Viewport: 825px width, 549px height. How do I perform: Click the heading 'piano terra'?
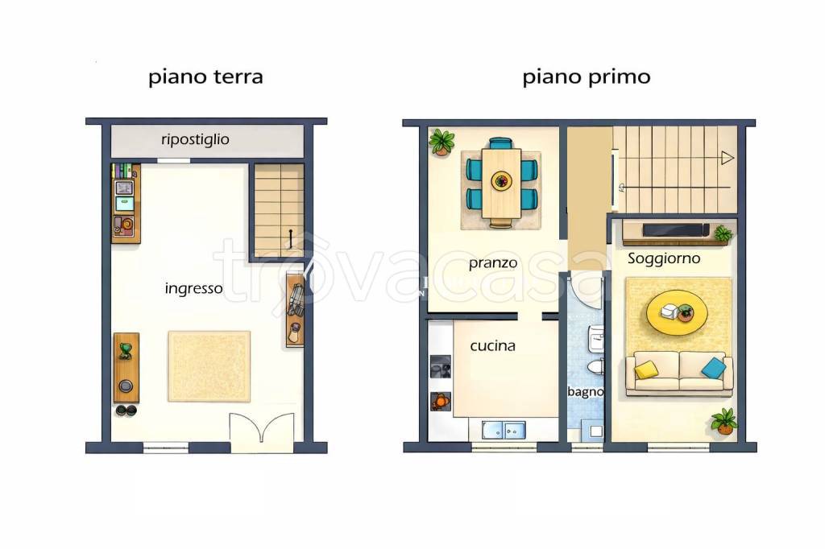[x=205, y=77]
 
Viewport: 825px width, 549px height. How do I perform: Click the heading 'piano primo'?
[x=586, y=77]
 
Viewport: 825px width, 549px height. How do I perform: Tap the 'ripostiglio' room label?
[x=195, y=140]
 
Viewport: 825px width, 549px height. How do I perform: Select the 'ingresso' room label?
[x=193, y=289]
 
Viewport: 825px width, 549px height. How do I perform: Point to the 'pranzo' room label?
[x=493, y=263]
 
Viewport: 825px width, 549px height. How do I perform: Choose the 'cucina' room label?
[x=493, y=346]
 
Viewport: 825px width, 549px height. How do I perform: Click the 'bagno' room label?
[x=585, y=392]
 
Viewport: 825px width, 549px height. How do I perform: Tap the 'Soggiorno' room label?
[x=664, y=259]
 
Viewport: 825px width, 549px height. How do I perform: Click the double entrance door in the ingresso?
[x=262, y=432]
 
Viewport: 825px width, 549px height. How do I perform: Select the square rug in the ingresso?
[x=209, y=366]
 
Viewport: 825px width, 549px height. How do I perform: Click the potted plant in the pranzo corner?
[x=442, y=142]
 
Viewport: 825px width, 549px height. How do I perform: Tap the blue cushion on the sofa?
[x=713, y=368]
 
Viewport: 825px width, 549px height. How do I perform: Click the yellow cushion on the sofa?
[x=645, y=369]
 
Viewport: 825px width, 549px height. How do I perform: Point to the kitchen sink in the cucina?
[x=504, y=430]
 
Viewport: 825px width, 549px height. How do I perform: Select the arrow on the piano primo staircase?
[x=728, y=157]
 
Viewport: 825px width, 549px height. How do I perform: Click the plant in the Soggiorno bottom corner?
[x=724, y=420]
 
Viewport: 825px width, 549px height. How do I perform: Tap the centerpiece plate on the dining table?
[x=502, y=180]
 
